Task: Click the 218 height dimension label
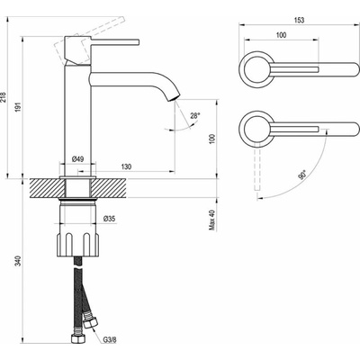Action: [x=3, y=96]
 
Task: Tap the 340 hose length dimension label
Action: [x=18, y=260]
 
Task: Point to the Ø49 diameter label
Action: [x=78, y=159]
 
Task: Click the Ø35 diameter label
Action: [x=110, y=219]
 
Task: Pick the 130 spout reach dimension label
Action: [x=127, y=166]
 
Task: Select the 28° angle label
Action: [x=195, y=115]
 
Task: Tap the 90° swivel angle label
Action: [x=302, y=175]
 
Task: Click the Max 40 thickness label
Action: [x=212, y=220]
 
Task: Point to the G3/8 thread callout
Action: [x=110, y=340]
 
